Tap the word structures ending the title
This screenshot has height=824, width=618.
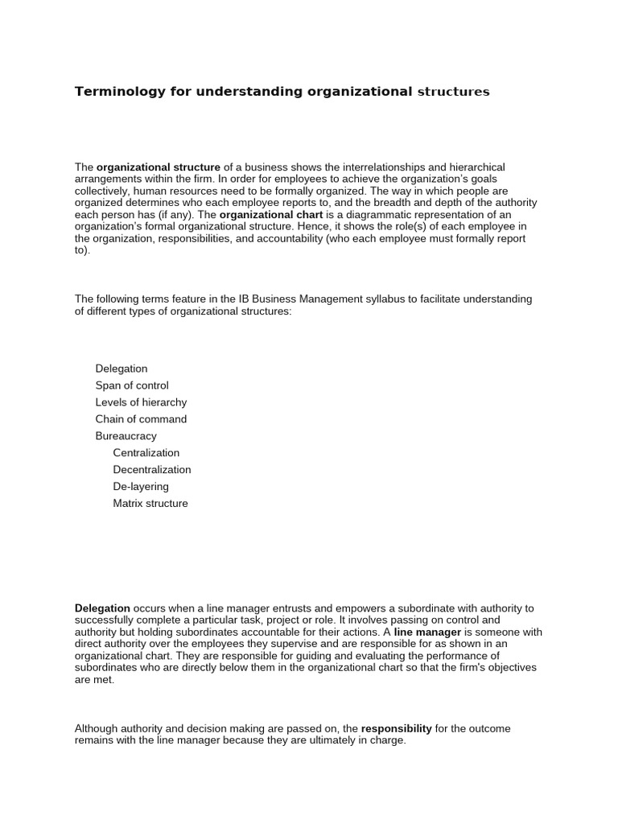pyautogui.click(x=452, y=92)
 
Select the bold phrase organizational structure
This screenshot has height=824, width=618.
pyautogui.click(x=159, y=167)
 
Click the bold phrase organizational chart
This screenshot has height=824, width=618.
pyautogui.click(x=271, y=215)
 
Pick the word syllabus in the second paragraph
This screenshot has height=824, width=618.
pyautogui.click(x=387, y=299)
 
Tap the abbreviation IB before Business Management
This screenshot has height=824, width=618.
pyautogui.click(x=244, y=299)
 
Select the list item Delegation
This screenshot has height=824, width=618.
pyautogui.click(x=122, y=369)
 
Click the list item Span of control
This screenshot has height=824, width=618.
pyautogui.click(x=132, y=385)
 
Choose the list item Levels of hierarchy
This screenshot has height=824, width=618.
pyautogui.click(x=141, y=402)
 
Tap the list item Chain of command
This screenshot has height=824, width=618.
pyautogui.click(x=141, y=419)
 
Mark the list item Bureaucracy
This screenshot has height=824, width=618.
pyautogui.click(x=126, y=436)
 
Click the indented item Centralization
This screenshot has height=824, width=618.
pyautogui.click(x=146, y=453)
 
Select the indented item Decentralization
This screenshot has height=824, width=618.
pyautogui.click(x=152, y=470)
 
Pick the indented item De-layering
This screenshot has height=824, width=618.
pyautogui.click(x=141, y=487)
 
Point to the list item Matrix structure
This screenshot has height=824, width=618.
pyautogui.click(x=150, y=504)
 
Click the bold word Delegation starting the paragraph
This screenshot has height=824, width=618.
pyautogui.click(x=102, y=608)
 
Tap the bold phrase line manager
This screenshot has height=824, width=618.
pyautogui.click(x=427, y=632)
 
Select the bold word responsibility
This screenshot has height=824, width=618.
pyautogui.click(x=397, y=728)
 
